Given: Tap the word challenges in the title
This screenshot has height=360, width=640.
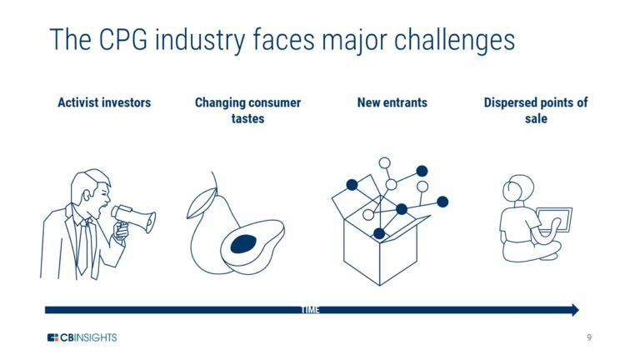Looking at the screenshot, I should click(443, 39).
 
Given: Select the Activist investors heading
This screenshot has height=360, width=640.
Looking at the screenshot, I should click(104, 102).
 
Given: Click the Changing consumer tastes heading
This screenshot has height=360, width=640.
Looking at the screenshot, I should click(247, 110).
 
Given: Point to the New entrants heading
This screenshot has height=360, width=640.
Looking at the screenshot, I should click(392, 102).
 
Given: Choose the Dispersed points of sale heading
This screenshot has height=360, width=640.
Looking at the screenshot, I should click(536, 110).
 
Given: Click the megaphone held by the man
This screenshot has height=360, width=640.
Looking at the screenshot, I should click(133, 218).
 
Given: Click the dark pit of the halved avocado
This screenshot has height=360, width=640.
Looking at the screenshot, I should click(243, 242).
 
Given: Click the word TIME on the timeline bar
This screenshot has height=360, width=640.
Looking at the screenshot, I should click(309, 310).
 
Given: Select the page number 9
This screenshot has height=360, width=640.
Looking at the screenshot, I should click(589, 337).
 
